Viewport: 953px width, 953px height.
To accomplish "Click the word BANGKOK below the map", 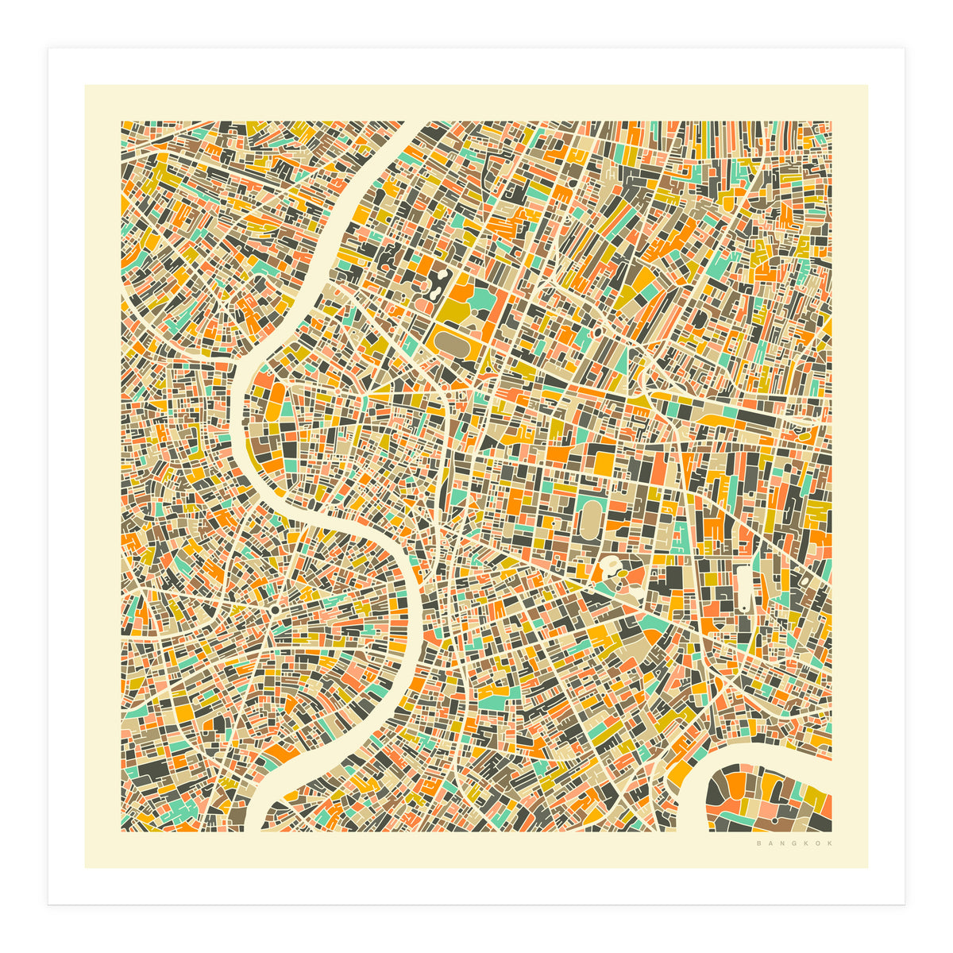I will pyautogui.click(x=795, y=843).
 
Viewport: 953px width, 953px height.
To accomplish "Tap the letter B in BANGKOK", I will pyautogui.click(x=759, y=843).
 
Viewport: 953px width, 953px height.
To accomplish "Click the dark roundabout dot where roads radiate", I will pyautogui.click(x=274, y=609).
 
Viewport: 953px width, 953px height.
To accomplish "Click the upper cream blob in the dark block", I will pyautogui.click(x=437, y=278).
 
